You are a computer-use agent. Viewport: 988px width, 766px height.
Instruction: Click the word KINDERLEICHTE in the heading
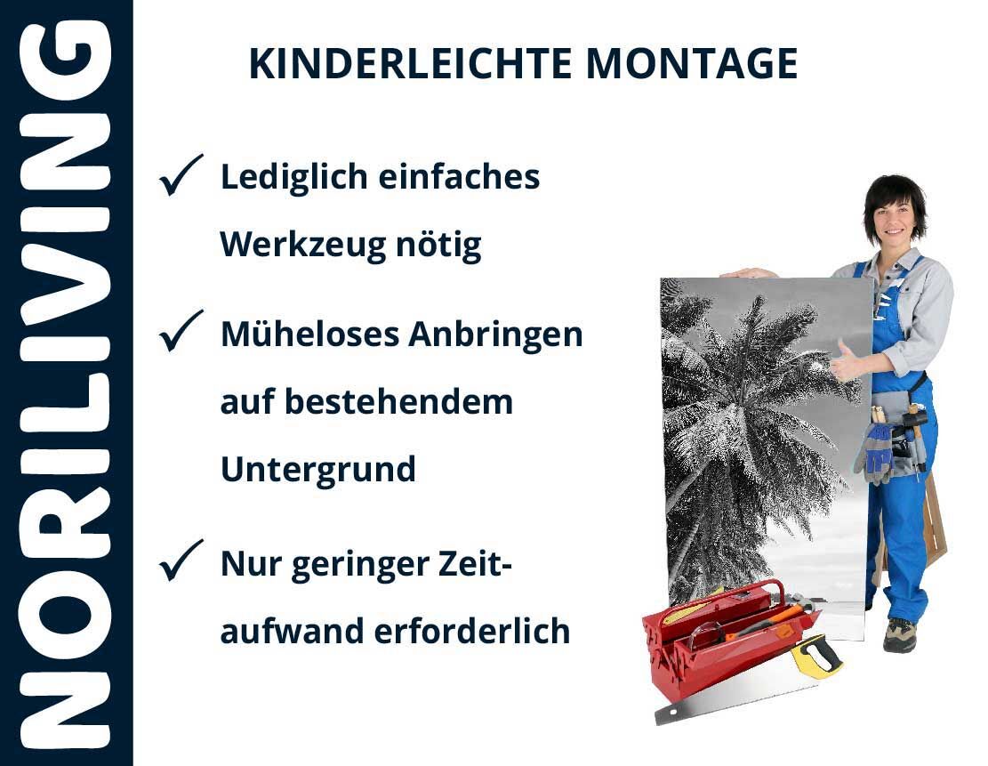click(x=411, y=64)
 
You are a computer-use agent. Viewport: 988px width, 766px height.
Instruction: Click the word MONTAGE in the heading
click(x=692, y=64)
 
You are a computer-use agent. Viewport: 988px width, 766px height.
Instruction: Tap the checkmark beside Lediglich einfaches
click(x=181, y=175)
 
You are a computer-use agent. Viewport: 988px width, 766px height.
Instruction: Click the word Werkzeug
click(x=302, y=245)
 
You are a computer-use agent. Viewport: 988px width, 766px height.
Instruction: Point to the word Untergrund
click(x=318, y=470)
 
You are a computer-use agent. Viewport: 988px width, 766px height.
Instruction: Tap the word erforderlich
click(x=472, y=631)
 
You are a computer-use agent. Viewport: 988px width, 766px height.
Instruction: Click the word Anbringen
click(x=495, y=335)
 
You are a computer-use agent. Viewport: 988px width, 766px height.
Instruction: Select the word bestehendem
click(x=399, y=402)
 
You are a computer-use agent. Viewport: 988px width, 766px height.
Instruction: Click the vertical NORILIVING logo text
click(x=66, y=383)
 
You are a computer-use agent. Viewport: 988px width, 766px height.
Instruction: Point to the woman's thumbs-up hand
click(x=845, y=362)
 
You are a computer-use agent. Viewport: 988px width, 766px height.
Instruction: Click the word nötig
click(x=439, y=245)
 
